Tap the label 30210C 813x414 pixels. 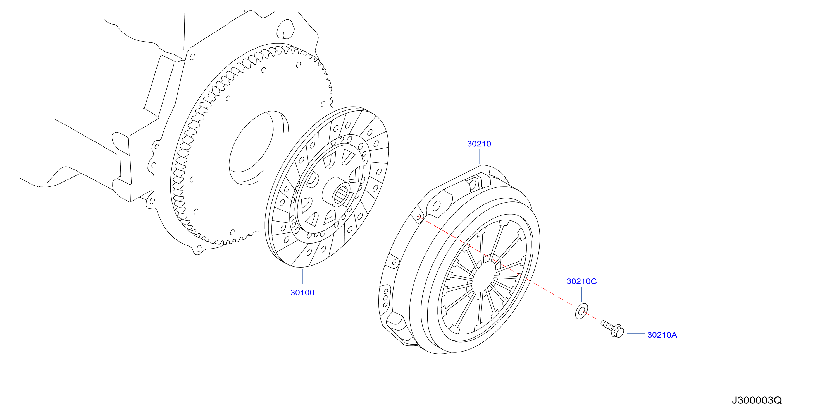point(581,281)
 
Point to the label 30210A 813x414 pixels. point(662,335)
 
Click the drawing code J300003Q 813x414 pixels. point(757,400)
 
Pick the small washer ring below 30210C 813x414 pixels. point(581,311)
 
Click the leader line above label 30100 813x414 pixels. point(302,276)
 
